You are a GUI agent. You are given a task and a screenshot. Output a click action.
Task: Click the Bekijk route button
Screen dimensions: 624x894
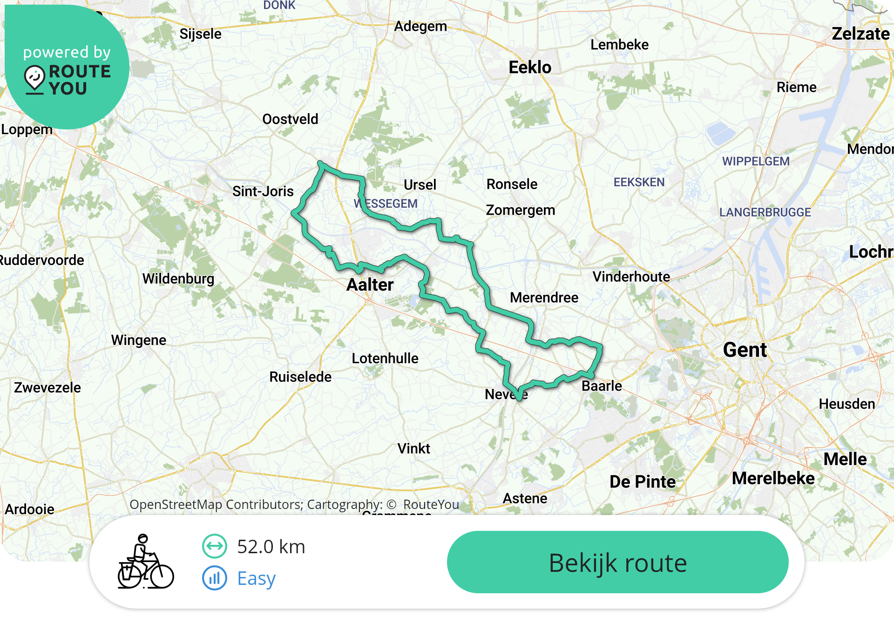click(x=617, y=562)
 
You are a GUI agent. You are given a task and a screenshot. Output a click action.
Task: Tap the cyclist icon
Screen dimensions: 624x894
click(x=145, y=562)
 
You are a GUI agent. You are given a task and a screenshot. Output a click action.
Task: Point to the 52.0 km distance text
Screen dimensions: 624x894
click(x=271, y=547)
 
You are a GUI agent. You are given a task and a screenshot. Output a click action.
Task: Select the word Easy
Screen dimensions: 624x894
click(x=257, y=578)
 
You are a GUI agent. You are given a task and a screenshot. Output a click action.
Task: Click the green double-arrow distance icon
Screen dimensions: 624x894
click(x=215, y=546)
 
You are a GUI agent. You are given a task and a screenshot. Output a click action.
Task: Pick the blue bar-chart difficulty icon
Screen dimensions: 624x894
click(x=215, y=578)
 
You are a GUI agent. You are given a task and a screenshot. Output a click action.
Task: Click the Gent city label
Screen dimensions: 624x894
click(x=745, y=350)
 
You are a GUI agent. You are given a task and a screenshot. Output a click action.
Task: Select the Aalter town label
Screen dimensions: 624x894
click(x=370, y=285)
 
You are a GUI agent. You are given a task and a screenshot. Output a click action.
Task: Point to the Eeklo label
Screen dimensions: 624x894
click(x=530, y=68)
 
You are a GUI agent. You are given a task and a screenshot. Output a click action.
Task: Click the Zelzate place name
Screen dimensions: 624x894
click(x=860, y=34)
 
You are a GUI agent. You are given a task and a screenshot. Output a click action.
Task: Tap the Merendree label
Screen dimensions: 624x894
click(x=544, y=298)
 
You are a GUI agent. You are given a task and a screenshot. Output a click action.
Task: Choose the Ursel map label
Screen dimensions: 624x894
click(x=420, y=185)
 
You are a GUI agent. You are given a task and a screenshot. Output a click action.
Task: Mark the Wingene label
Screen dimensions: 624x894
click(x=139, y=340)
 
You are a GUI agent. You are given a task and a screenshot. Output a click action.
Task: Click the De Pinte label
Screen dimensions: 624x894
click(x=643, y=482)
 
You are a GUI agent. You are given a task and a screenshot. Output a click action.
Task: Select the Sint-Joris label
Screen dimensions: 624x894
click(x=263, y=191)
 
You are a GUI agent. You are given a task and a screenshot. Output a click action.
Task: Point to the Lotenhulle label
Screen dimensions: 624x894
click(x=385, y=359)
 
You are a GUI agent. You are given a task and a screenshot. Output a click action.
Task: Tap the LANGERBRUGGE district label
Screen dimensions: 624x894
click(x=765, y=212)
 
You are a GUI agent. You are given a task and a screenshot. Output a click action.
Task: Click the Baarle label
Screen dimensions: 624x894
click(x=602, y=386)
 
